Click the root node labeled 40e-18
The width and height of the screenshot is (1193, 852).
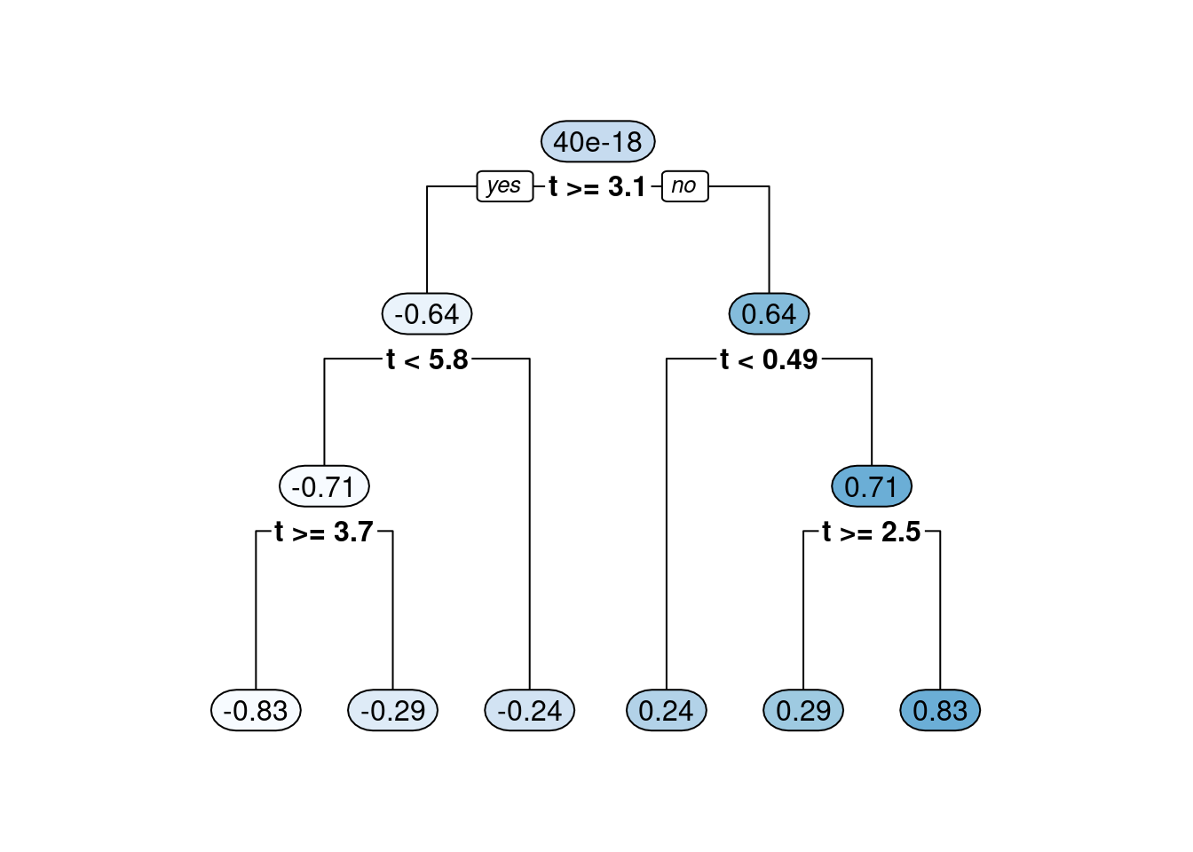pos(597,141)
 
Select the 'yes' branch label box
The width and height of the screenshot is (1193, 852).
pos(504,186)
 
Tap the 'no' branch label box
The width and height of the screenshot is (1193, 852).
pos(684,186)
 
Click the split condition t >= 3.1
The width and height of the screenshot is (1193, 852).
pos(597,186)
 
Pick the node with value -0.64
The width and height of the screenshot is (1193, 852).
pos(427,313)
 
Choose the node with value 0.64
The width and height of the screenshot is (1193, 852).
pos(769,313)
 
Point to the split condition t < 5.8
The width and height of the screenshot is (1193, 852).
pos(427,359)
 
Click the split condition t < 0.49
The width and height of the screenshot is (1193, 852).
pos(769,359)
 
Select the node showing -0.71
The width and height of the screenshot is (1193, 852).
pos(324,486)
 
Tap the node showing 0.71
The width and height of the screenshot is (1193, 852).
pos(872,486)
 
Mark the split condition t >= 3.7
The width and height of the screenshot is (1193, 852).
pos(324,532)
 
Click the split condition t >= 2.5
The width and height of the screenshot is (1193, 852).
pos(872,532)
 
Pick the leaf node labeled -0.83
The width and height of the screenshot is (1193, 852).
pos(256,710)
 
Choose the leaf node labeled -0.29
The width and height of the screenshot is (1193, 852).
pos(392,710)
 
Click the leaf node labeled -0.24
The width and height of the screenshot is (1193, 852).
pos(530,710)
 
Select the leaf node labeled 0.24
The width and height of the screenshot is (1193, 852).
pos(667,710)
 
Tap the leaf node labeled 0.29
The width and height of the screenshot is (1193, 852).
pos(803,710)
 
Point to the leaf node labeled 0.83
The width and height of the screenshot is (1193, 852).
pos(940,710)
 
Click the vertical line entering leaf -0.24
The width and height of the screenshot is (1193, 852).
pos(530,532)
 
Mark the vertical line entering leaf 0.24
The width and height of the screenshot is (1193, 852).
pos(667,532)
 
